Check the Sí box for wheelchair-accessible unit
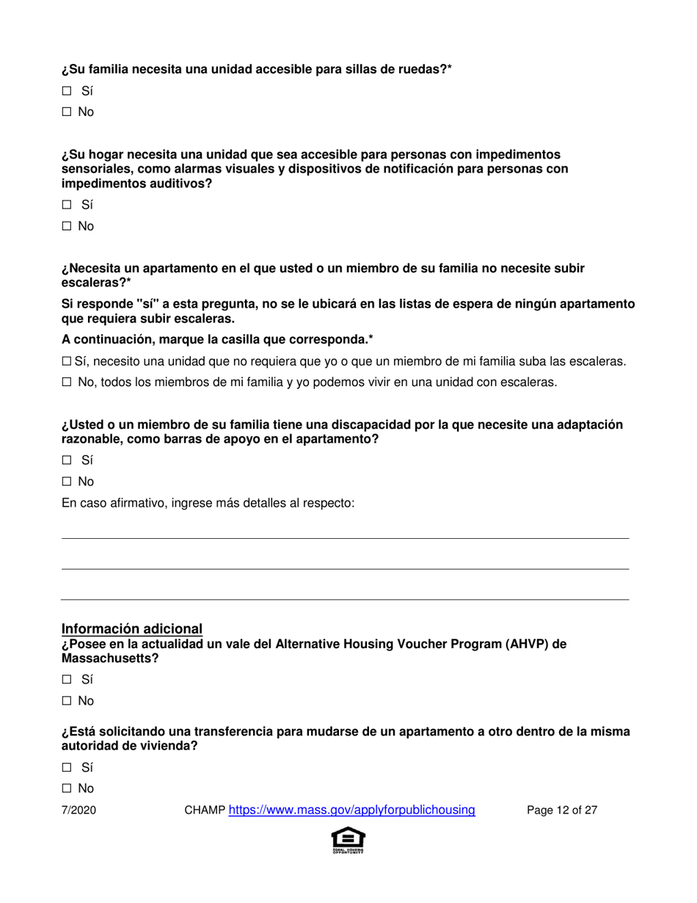(x=66, y=92)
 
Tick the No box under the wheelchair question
(x=66, y=112)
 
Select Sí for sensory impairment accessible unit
(x=66, y=206)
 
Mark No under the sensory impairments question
(x=66, y=226)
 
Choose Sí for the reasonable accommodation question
(x=66, y=461)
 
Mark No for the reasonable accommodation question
(x=66, y=482)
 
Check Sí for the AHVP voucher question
(x=66, y=680)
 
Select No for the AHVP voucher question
(x=66, y=700)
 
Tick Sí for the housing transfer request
(x=66, y=767)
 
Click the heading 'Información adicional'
(x=131, y=628)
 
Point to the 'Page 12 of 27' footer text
(x=563, y=810)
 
